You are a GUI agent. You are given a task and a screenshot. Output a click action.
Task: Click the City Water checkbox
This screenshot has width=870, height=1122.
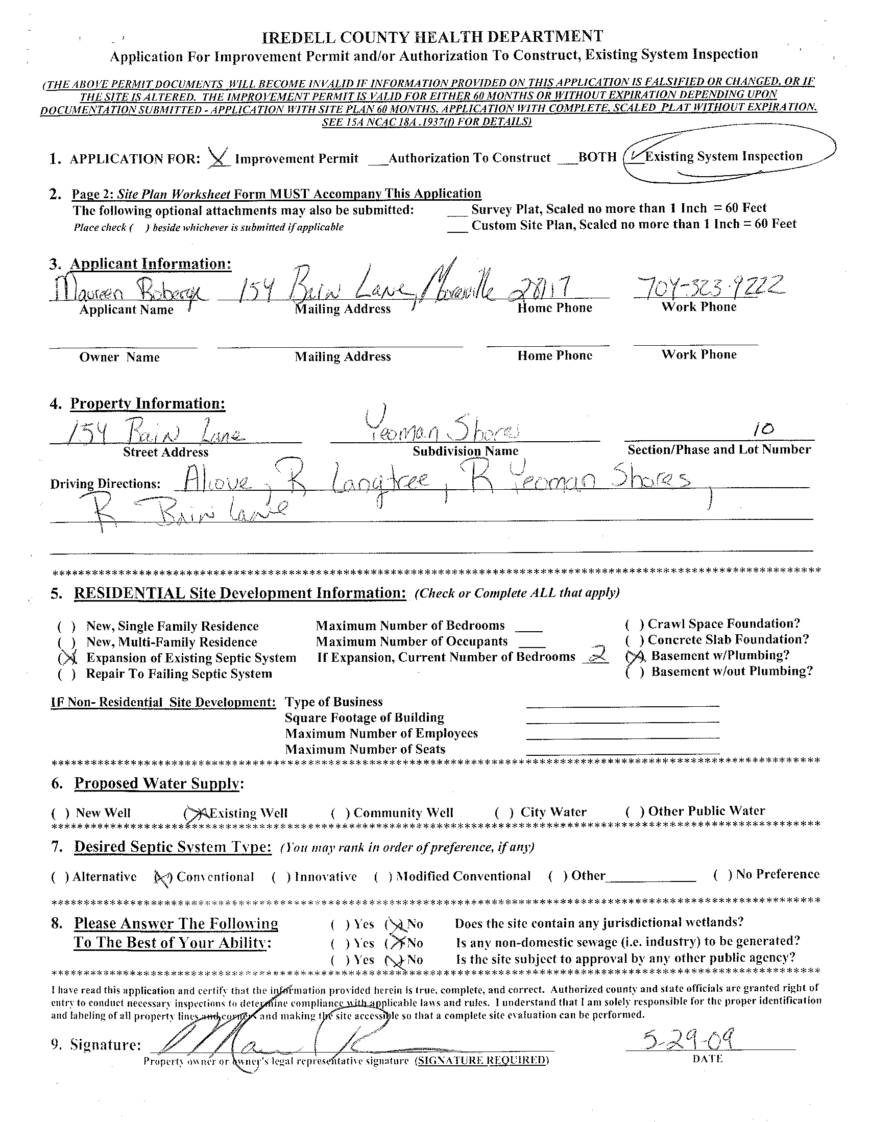[504, 813]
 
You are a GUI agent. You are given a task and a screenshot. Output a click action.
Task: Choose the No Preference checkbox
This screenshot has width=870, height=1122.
[722, 875]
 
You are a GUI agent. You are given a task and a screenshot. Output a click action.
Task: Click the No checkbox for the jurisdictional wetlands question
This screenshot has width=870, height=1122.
[395, 925]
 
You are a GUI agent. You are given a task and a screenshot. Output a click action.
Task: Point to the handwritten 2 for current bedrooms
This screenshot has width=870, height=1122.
[596, 655]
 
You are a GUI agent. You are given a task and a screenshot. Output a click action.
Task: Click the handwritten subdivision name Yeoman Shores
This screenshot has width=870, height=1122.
[442, 429]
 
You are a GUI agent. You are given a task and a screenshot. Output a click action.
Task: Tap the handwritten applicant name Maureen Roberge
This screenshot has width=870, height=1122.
[128, 292]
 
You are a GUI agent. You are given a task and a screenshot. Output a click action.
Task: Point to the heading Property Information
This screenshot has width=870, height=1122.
[148, 404]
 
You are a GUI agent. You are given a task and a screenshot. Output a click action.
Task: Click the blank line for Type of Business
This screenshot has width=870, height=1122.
[622, 706]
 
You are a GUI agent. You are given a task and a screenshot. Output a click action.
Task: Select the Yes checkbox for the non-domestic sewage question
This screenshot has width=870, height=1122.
[341, 943]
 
